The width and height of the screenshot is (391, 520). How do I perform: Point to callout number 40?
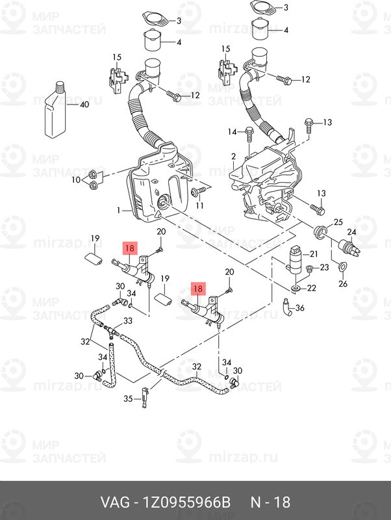pos(84,105)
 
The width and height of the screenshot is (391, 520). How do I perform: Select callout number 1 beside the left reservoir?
pos(120,211)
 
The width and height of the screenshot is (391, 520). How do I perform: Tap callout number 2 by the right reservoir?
pos(233,157)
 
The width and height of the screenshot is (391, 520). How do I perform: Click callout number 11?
pos(200,205)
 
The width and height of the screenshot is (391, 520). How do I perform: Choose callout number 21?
pos(312,253)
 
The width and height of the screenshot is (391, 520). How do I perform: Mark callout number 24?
pos(351,232)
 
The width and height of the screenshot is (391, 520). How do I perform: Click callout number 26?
pos(344,283)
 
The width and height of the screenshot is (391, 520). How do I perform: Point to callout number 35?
pos(129,398)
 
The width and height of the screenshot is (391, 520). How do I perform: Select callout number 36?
pos(299,308)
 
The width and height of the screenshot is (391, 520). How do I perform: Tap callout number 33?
pos(127,321)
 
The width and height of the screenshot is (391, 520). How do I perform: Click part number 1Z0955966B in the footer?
pos(182,503)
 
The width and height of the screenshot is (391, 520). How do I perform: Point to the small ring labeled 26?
pos(342,266)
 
